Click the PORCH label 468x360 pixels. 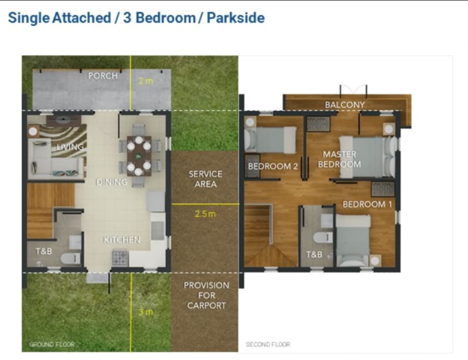tap(103, 76)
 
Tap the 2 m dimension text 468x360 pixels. tap(146, 81)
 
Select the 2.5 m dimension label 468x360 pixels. tap(205, 213)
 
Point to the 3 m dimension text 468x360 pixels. tap(146, 312)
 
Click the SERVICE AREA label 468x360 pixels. tap(206, 179)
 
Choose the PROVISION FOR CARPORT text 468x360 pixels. tap(206, 295)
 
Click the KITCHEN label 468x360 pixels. tap(122, 240)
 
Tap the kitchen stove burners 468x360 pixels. tap(120, 258)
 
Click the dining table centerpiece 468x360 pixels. tap(138, 156)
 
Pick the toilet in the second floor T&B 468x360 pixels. tap(323, 238)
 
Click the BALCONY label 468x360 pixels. tap(345, 105)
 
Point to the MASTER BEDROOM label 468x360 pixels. tap(340, 159)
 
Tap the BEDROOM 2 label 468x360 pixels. tap(273, 166)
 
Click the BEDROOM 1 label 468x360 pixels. tap(367, 204)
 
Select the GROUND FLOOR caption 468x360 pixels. tap(52, 344)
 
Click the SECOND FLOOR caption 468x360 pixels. tap(268, 344)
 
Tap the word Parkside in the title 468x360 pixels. tap(236, 18)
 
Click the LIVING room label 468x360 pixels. tap(70, 147)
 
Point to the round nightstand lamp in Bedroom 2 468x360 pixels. tap(250, 122)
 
